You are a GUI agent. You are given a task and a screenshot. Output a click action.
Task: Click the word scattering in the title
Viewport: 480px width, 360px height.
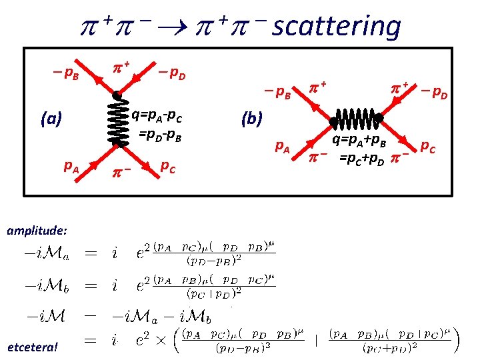(x=337, y=27)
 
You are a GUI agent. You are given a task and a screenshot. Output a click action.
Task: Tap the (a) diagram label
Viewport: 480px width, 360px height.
(x=51, y=119)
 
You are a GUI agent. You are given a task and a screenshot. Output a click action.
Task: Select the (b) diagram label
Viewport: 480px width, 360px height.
(x=251, y=120)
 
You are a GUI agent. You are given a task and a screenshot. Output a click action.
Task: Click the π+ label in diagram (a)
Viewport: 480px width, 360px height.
(x=121, y=67)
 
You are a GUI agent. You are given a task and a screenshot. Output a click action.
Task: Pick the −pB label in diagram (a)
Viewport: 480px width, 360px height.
(x=65, y=73)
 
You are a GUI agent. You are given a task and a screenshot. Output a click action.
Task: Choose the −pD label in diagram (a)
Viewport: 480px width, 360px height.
(x=172, y=73)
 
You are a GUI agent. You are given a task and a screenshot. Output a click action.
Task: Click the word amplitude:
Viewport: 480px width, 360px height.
(x=37, y=229)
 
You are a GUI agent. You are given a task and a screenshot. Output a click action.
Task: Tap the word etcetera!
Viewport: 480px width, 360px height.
(x=33, y=346)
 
